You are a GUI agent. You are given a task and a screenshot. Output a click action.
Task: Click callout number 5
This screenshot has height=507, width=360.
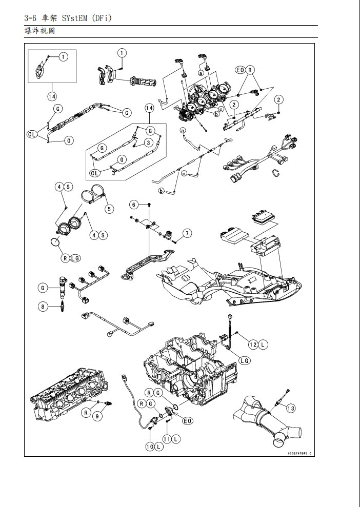pos(109,209)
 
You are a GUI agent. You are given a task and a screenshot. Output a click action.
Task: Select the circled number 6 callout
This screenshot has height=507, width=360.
pos(134,205)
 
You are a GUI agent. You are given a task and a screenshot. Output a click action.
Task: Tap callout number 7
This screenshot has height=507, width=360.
pos(187,234)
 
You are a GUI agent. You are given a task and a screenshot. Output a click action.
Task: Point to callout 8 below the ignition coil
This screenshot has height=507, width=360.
pos(43,307)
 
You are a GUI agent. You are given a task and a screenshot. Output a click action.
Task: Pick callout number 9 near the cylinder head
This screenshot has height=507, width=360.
pos(97,416)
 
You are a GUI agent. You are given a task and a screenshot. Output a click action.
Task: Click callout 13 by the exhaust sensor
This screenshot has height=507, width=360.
pos(291,408)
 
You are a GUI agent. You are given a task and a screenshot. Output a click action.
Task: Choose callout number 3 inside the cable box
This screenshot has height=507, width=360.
pos(148,143)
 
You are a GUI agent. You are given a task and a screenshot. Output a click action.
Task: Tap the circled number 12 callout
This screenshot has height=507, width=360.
pos(253,344)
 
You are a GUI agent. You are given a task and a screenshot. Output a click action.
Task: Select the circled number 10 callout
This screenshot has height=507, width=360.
pos(150,447)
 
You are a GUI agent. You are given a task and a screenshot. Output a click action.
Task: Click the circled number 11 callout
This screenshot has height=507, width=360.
pos(167,439)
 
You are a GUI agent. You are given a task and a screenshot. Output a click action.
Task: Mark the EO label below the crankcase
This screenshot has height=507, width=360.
pos(187,421)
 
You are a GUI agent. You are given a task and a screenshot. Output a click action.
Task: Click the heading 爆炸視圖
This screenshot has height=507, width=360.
pos(39,31)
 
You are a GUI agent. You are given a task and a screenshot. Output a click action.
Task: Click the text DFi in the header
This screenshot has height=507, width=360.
pos(101,18)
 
